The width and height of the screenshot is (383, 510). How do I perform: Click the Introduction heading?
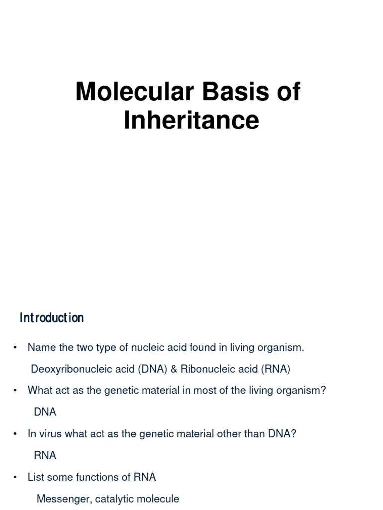[x=52, y=318]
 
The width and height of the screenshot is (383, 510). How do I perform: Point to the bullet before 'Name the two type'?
[x=16, y=348]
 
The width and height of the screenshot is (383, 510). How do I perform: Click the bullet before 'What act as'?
[x=16, y=391]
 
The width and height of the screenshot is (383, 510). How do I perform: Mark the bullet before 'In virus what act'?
[x=16, y=434]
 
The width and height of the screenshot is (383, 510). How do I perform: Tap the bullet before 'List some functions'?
[x=16, y=478]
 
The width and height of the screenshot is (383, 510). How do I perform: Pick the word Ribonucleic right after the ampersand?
[x=206, y=369]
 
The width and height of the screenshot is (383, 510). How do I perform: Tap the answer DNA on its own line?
[x=45, y=412]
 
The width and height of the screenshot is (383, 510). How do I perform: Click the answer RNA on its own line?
[x=45, y=456]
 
